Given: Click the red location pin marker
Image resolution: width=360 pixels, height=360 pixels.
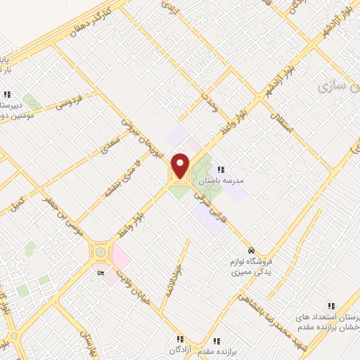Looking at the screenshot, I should pyautogui.click(x=181, y=165).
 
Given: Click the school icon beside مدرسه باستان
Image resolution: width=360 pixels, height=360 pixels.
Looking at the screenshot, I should pyautogui.click(x=221, y=169).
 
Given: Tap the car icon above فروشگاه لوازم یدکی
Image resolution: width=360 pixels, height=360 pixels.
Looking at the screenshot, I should pyautogui.click(x=250, y=250).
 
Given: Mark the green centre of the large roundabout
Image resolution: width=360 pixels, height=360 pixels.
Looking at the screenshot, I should pyautogui.click(x=101, y=252).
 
